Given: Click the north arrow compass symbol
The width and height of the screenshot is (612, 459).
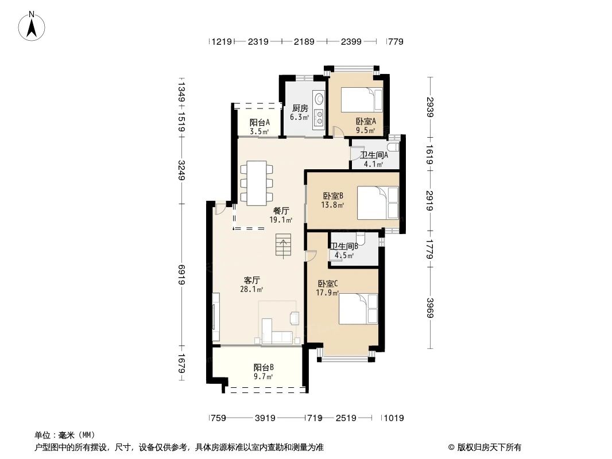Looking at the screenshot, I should (x=33, y=26).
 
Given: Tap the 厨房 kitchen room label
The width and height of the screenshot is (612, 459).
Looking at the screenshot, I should (x=300, y=112).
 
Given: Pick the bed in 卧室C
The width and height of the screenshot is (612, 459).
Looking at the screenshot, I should (x=358, y=309).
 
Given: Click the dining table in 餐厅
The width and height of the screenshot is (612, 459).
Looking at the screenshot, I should (x=257, y=183).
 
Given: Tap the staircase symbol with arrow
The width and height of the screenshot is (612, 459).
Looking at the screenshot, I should (x=284, y=246).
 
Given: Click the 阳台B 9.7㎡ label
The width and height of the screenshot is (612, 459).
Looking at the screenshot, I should (x=264, y=372).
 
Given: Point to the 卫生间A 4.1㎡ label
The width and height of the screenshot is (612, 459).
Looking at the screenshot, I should (x=374, y=159).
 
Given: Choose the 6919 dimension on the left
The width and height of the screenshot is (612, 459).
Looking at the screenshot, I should (x=182, y=275).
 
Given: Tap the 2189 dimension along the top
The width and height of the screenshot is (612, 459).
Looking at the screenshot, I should (x=304, y=41).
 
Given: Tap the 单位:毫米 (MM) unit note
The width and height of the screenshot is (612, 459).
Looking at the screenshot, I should (x=65, y=435).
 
